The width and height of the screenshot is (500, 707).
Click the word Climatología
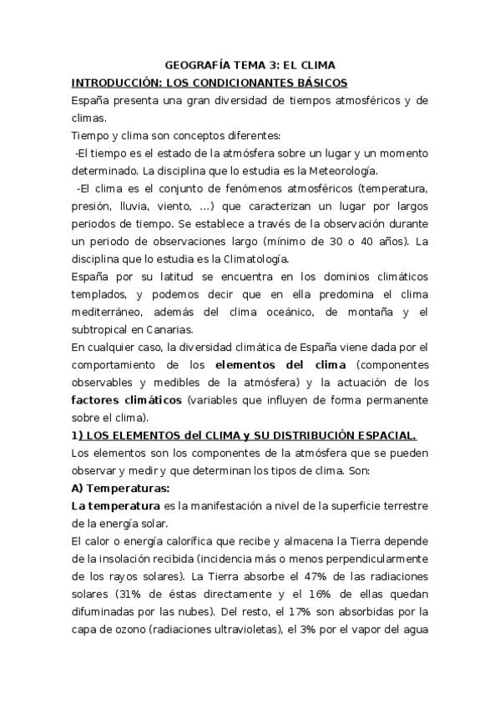point(247,260)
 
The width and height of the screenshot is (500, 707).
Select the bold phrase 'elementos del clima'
point(275,365)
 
